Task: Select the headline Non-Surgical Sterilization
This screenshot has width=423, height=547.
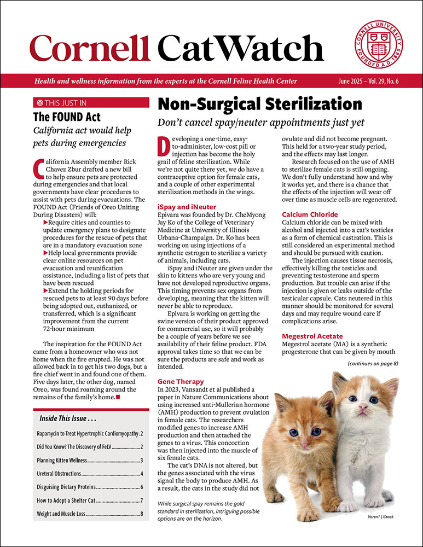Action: click(259, 104)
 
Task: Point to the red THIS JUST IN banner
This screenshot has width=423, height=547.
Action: click(91, 102)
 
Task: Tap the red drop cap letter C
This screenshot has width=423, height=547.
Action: click(37, 168)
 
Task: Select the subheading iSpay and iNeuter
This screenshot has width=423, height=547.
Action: click(187, 207)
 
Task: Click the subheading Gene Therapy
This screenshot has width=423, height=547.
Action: click(181, 381)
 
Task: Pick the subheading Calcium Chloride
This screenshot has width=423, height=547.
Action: click(310, 214)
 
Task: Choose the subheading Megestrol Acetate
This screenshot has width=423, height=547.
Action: click(311, 336)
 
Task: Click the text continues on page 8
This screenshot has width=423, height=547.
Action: click(376, 363)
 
